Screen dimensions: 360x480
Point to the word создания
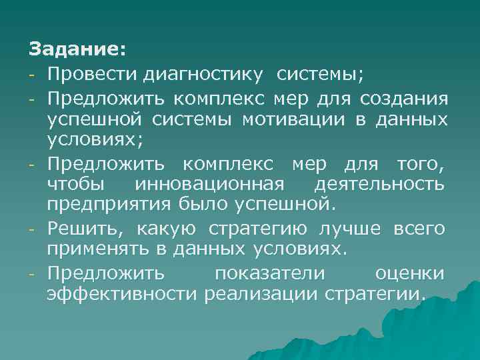click(x=403, y=99)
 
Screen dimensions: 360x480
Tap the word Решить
click(x=87, y=230)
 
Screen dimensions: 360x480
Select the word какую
click(x=167, y=230)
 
